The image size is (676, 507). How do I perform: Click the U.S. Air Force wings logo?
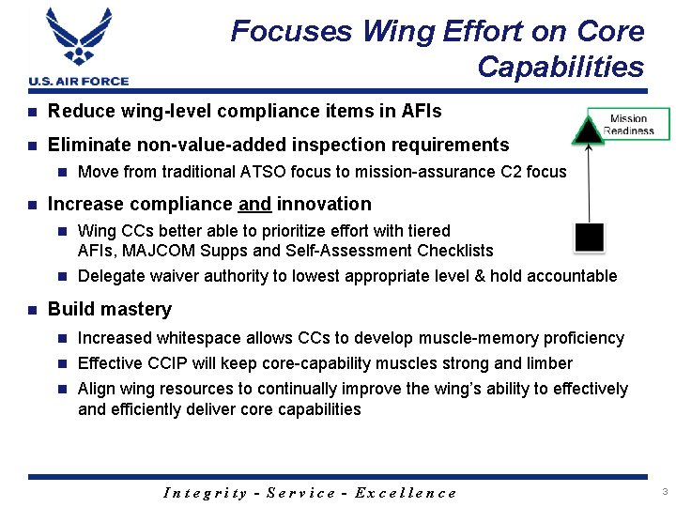[79, 38]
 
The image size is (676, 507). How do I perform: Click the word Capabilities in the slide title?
[561, 68]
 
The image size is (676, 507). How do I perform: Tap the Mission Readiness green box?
[628, 124]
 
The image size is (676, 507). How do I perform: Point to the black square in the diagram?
[589, 238]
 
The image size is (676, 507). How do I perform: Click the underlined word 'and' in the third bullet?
[255, 205]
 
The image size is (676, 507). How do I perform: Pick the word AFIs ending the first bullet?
[421, 112]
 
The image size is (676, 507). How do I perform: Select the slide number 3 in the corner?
[664, 492]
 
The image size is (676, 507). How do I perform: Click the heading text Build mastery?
[110, 310]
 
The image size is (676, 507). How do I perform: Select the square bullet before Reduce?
[33, 112]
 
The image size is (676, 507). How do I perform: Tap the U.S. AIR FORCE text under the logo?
[79, 81]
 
